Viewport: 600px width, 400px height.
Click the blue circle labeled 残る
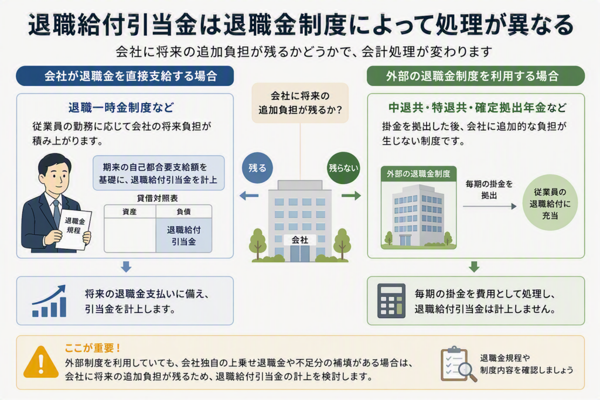click(257, 168)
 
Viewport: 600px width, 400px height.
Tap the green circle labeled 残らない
click(343, 168)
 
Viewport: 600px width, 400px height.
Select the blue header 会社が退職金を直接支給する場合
click(125, 76)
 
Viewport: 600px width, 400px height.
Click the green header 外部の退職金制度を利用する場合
click(476, 76)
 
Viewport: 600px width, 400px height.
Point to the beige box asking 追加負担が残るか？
click(300, 103)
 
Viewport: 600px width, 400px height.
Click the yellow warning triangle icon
click(41, 361)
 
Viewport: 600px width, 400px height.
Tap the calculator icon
click(391, 301)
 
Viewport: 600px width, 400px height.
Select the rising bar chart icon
click(49, 302)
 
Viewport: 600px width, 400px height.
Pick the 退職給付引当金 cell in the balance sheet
click(183, 235)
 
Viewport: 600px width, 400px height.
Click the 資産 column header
click(129, 211)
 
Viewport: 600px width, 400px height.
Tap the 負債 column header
click(183, 211)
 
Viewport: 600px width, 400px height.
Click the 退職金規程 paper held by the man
click(73, 228)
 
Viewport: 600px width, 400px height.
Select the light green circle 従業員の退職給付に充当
click(550, 203)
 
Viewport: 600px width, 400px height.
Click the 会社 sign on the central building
click(299, 240)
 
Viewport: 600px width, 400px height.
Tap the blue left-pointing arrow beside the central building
click(248, 196)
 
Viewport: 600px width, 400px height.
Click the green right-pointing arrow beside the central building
click(352, 196)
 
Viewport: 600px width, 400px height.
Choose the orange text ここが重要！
click(93, 348)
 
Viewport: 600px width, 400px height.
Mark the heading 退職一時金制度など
click(121, 107)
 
